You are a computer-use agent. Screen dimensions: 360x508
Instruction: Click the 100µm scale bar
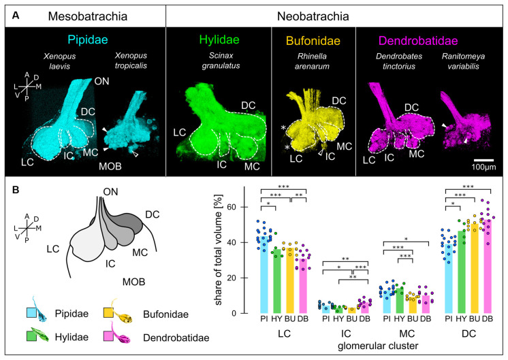(484, 158)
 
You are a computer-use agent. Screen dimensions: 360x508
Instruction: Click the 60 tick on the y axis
(236, 207)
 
